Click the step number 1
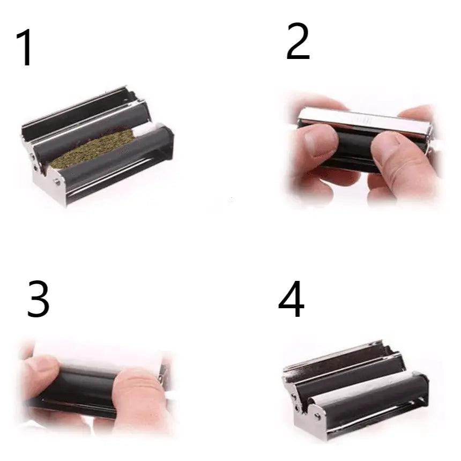click(25, 48)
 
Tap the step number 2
click(298, 41)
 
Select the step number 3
click(38, 299)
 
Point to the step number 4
click(291, 299)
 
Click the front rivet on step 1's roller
click(56, 183)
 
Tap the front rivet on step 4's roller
click(317, 415)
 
